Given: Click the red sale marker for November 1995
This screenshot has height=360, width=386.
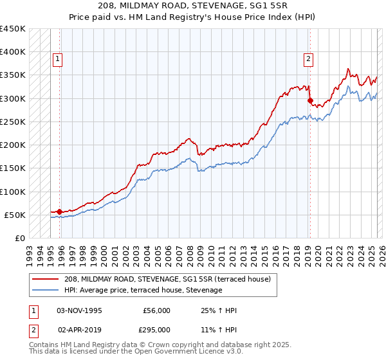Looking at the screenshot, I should [59, 212].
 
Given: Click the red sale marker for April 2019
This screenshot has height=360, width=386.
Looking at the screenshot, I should [309, 100].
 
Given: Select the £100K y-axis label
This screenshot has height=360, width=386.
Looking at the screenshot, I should [13, 192].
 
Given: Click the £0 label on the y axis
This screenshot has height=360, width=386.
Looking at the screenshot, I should [21, 238].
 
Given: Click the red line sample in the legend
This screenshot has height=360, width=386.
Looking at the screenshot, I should [46, 279].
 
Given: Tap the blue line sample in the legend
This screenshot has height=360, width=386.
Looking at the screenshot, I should [46, 290].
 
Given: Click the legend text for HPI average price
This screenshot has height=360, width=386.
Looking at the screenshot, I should [143, 290].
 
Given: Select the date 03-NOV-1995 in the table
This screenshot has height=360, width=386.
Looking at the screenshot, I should [80, 310].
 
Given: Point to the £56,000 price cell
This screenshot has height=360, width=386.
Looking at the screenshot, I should [157, 310].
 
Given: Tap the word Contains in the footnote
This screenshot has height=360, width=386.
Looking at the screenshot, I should [45, 346].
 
